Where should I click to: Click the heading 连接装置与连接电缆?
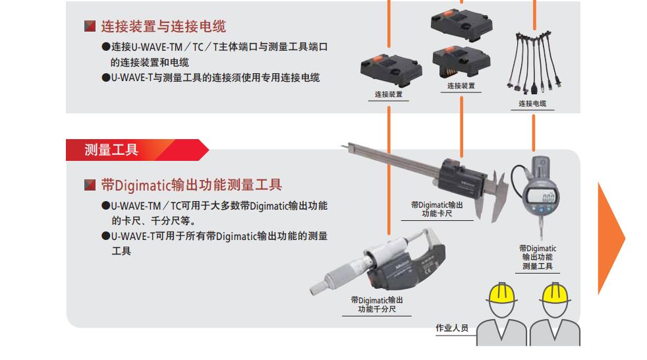point(163,26)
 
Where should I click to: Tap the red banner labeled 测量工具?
point(137,150)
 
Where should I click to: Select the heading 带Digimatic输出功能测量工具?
point(192,185)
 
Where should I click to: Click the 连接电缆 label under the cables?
point(532,104)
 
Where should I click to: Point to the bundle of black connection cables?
point(534,62)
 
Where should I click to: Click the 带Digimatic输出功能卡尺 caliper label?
point(437,209)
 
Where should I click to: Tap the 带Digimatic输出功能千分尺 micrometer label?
point(377,305)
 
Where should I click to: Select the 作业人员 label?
point(452,328)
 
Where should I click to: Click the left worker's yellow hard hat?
point(502,293)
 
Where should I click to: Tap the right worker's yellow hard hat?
point(555,293)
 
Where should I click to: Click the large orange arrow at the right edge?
point(611,238)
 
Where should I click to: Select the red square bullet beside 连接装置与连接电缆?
point(90,26)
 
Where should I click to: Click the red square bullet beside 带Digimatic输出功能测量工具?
point(90,185)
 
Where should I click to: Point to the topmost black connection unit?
point(462,25)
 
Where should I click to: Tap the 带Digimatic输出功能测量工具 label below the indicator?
point(538,257)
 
